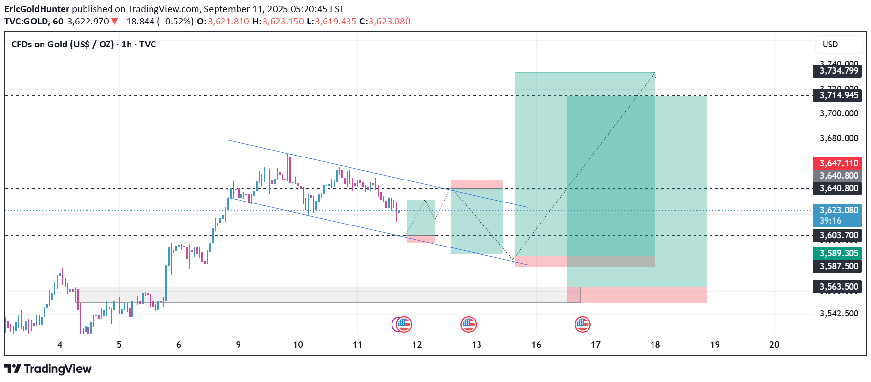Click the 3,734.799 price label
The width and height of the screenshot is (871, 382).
click(838, 71)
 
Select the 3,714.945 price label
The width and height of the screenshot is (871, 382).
click(838, 95)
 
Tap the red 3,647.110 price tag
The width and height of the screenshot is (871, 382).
click(838, 163)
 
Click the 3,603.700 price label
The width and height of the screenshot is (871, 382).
click(838, 235)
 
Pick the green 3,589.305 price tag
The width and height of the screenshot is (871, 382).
click(838, 253)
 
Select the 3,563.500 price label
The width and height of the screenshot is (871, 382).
click(838, 287)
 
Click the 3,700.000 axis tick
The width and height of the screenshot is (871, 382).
click(839, 113)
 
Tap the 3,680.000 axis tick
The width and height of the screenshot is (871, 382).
click(839, 138)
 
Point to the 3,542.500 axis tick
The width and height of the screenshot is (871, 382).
click(839, 314)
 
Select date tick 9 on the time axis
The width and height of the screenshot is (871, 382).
click(238, 345)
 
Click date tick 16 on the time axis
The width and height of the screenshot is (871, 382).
click(536, 345)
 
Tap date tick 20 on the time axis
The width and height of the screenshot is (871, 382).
click(774, 345)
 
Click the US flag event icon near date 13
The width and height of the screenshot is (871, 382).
click(469, 324)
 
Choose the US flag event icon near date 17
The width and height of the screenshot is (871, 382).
click(583, 324)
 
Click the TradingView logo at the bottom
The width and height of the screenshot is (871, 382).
click(48, 369)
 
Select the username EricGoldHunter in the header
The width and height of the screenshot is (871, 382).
click(37, 9)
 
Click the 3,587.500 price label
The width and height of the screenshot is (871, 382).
click(838, 266)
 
